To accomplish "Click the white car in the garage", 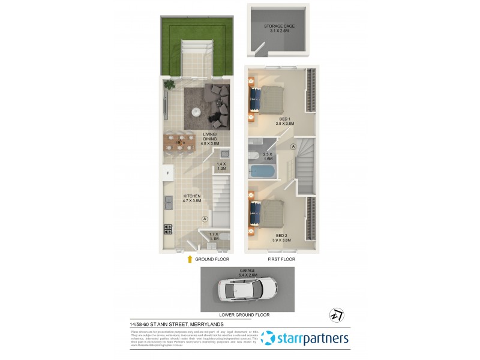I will pos(248,289).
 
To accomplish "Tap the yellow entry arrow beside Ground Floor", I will pos(190,259).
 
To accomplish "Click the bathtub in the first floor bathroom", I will pos(262,171).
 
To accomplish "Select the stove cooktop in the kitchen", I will pos(168,229).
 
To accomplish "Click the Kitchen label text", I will pos(193,199).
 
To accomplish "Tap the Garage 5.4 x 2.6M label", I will pos(248,272).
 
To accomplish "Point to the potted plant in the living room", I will pos(170,85).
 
